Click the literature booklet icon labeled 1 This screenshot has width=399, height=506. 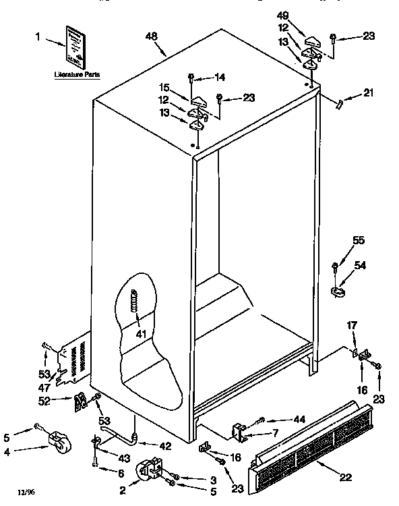tap(76, 46)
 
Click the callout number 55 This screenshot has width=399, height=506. tap(359, 241)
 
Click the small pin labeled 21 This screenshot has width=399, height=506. tap(341, 103)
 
